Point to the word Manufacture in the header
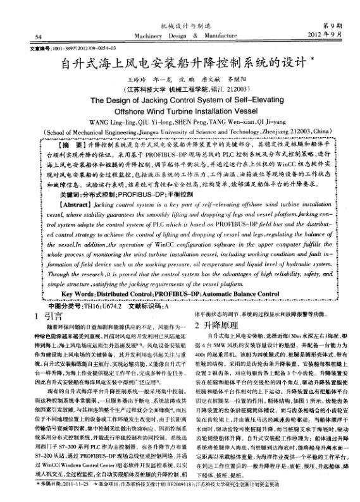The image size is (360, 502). pyautogui.click(x=223, y=37)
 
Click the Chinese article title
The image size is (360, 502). pyautogui.click(x=180, y=64)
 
